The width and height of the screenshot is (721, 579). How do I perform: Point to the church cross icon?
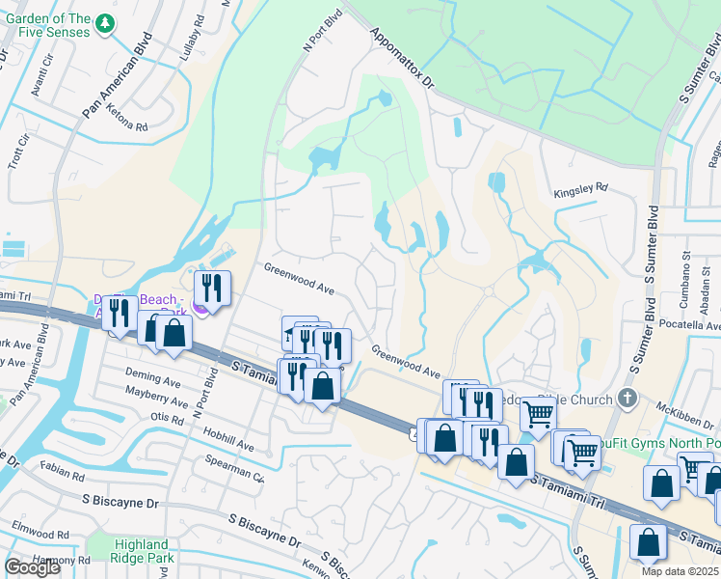[x=628, y=398]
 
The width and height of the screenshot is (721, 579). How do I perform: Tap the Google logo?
[x=32, y=567]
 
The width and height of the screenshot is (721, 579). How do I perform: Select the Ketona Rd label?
[x=127, y=126]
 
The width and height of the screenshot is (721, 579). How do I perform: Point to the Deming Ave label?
[x=153, y=376]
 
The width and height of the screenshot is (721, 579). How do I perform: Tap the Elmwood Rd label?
[x=40, y=530]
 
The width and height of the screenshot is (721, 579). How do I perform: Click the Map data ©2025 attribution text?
[x=680, y=571]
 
